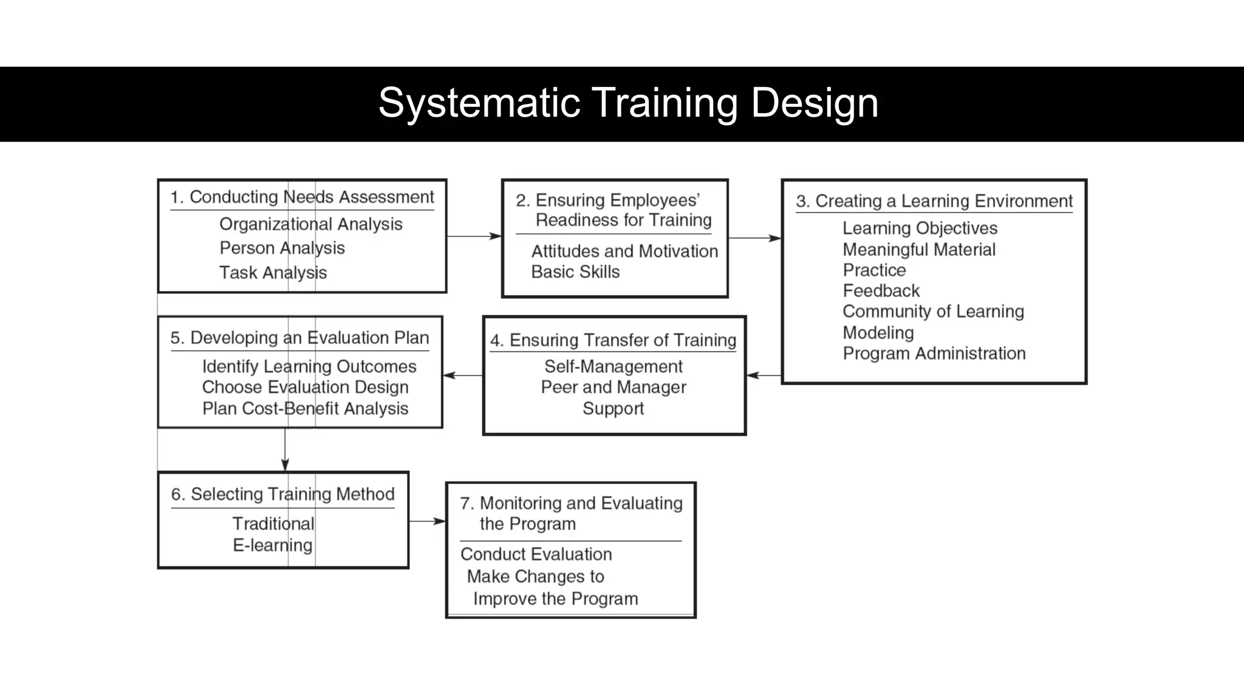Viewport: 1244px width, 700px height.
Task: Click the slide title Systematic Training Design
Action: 628,103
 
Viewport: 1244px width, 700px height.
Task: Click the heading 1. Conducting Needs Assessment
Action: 302,197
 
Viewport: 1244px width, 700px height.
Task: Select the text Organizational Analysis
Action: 310,224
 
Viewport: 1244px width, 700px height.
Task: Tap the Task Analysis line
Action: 273,273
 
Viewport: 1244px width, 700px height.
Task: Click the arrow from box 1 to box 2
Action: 474,236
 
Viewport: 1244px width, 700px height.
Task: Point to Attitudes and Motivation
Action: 624,251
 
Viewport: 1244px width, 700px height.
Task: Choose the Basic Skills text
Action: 575,272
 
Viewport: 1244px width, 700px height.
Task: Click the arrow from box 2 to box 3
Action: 754,238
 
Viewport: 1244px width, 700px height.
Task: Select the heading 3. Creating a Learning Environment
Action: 934,201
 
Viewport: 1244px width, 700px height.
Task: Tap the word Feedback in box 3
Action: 881,291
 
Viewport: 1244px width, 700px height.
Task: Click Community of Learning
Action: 933,312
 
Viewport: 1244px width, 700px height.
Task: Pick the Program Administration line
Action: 934,354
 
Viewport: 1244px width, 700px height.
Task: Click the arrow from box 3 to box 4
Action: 764,376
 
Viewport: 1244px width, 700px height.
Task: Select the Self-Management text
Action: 613,366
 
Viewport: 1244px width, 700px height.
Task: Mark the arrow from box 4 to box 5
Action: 463,376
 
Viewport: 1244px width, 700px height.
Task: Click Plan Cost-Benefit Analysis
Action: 305,408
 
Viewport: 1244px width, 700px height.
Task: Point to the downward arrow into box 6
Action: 285,450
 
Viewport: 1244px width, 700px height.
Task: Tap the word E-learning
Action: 272,545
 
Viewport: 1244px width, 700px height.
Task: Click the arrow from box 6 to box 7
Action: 428,521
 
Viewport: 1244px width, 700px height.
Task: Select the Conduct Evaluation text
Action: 536,554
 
